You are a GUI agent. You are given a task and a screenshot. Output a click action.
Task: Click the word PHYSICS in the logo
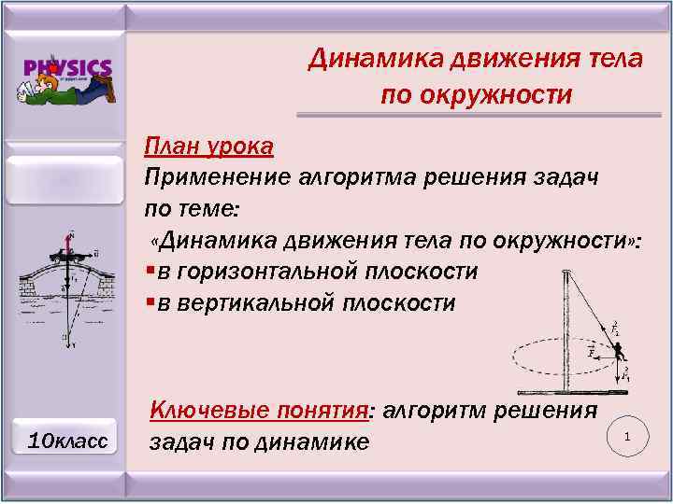point(68,67)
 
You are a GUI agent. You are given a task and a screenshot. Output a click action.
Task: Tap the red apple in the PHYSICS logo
point(57,67)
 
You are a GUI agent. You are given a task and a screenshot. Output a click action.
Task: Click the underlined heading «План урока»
point(208,147)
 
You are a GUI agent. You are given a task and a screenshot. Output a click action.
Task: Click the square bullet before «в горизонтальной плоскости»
point(150,273)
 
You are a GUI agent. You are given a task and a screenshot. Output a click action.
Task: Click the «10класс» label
point(67,439)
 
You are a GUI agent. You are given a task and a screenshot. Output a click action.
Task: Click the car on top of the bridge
point(71,254)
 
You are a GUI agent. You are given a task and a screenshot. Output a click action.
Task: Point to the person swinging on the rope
point(618,350)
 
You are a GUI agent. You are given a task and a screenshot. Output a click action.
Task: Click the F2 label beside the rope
point(614,329)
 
